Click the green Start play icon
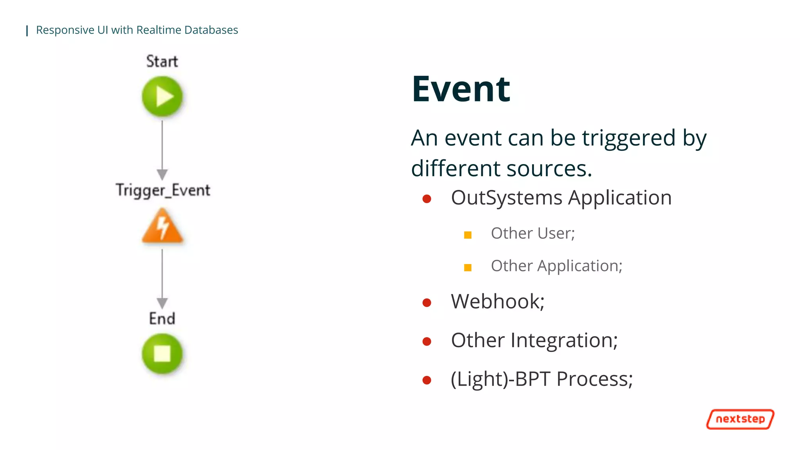tap(162, 96)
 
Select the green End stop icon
tap(162, 354)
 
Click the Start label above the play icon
tap(162, 61)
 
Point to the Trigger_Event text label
tap(163, 190)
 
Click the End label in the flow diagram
tap(162, 318)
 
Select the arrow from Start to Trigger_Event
tap(162, 148)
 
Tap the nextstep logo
tap(740, 419)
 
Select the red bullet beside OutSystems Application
tap(427, 199)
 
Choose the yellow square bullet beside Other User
tap(468, 235)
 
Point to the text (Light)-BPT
tap(500, 379)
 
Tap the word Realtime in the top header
tap(159, 30)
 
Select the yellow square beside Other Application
tap(468, 268)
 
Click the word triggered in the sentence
tap(629, 139)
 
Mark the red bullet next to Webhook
tap(427, 302)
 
